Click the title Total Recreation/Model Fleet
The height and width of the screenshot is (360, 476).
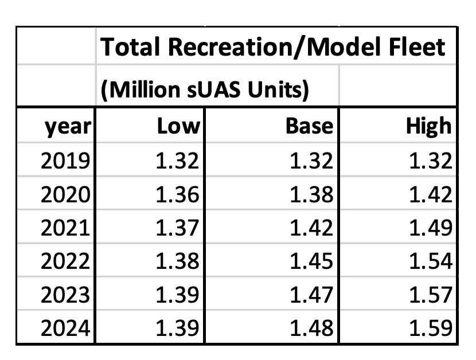coord(273,47)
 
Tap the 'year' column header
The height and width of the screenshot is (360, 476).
coord(68,126)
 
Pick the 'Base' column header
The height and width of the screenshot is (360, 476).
coord(309,126)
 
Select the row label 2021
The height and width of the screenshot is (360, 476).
coord(66,228)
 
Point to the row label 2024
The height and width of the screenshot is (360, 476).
coord(66,328)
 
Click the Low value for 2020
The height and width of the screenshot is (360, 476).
coord(177,195)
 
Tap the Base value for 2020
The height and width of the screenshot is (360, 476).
coord(311,195)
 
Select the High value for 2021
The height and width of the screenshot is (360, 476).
coord(432,228)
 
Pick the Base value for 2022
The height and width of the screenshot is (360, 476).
coord(311,261)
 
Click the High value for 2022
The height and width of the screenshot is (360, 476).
coord(432,261)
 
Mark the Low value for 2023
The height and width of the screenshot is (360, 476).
coord(177,295)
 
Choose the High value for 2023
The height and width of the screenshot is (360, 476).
coord(432,295)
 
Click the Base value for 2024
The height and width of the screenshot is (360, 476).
coord(311,328)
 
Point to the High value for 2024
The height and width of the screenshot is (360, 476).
coord(432,328)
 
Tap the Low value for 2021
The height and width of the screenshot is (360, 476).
coord(177,228)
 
